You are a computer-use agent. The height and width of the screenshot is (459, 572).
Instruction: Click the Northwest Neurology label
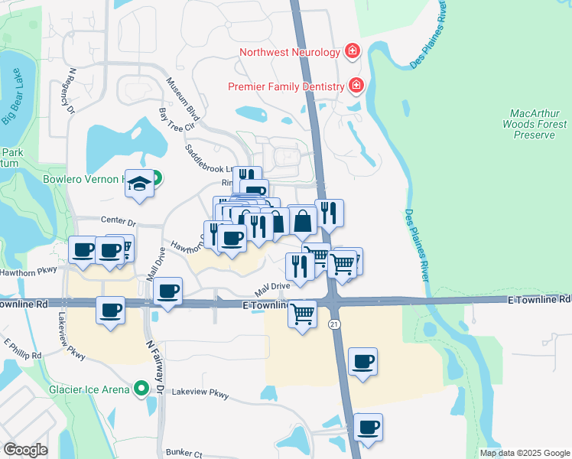[x=289, y=53]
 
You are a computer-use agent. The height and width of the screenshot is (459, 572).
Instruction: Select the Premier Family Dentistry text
[x=287, y=86]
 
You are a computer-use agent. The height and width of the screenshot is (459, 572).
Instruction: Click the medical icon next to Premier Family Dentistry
[x=356, y=86]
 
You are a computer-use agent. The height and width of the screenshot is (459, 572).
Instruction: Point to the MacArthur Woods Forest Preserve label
[x=535, y=124]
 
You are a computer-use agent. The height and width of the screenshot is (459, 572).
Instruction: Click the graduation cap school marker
[x=139, y=184]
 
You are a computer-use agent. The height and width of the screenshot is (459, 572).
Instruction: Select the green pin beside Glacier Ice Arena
[x=141, y=389]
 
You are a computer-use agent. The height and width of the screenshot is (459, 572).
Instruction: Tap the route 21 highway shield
[x=334, y=325]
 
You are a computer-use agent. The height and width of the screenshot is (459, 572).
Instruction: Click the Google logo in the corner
[x=25, y=450]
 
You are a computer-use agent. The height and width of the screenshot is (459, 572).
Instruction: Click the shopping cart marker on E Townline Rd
[x=303, y=312]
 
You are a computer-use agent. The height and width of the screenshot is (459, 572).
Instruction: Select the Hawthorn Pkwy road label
[x=29, y=270]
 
